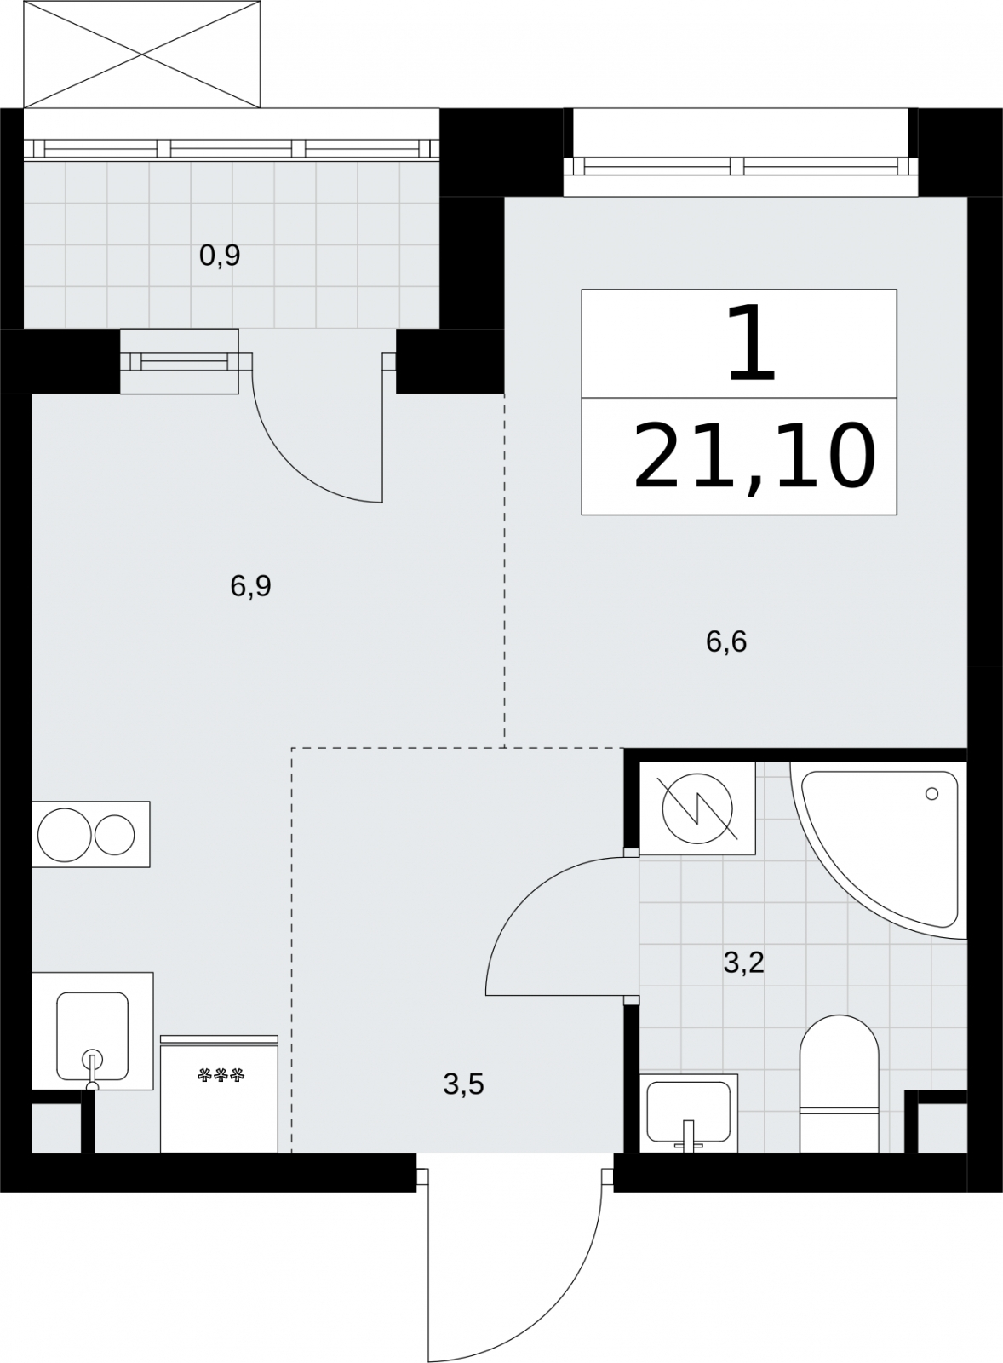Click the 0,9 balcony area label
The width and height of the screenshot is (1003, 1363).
pos(220,256)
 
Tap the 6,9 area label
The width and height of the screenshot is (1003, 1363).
pos(250,586)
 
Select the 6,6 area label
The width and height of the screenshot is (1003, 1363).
pos(726,641)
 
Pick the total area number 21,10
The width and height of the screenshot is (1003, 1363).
pos(754,456)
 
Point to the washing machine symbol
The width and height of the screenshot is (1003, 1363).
pos(697,808)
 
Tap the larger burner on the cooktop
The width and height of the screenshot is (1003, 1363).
pos(65,835)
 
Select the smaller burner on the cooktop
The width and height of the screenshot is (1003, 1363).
pos(114,835)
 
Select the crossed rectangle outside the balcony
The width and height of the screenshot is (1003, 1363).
pos(141,55)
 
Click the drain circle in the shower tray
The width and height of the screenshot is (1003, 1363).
pos(931,793)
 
